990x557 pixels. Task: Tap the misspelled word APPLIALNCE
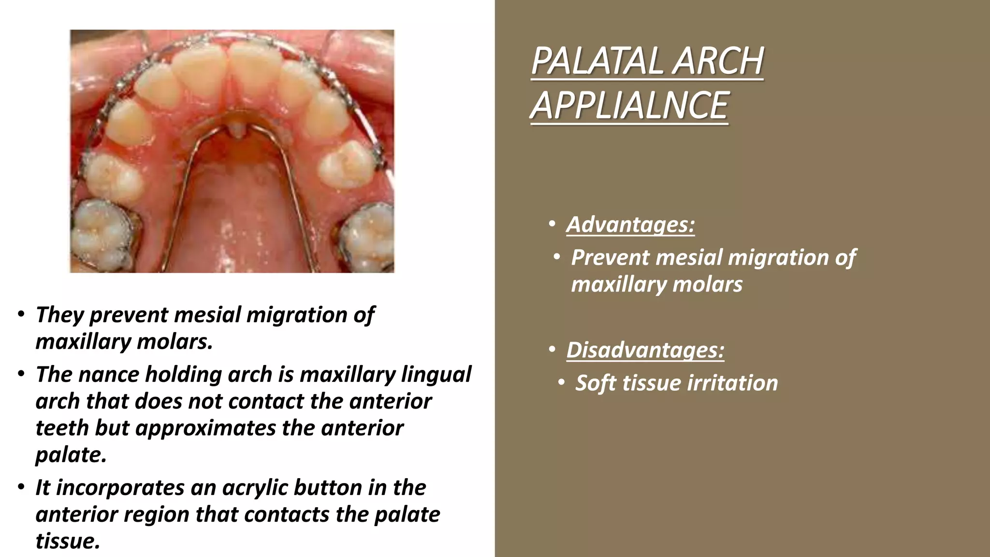coord(629,105)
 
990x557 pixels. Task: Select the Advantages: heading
coord(630,224)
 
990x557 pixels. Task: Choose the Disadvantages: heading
coord(645,350)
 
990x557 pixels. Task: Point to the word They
coord(59,315)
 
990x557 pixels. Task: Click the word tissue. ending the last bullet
coord(68,541)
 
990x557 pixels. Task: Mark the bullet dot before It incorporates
coord(21,487)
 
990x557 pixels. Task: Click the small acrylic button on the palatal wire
coord(235,129)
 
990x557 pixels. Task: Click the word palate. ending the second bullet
coord(71,455)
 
